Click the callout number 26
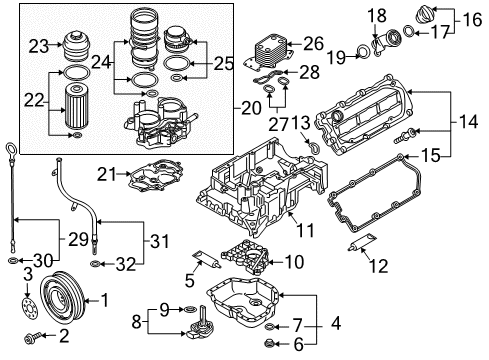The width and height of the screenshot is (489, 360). (313, 44)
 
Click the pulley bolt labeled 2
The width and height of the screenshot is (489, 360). (33, 339)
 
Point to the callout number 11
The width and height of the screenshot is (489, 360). (305, 230)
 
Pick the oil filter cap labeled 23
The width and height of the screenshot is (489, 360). (75, 46)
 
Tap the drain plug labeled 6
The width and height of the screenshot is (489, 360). (269, 343)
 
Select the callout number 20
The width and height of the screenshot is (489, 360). (251, 108)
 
